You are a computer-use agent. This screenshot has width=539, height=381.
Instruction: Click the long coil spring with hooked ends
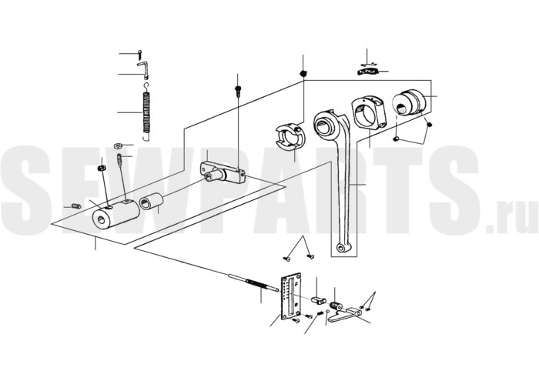click(146, 112)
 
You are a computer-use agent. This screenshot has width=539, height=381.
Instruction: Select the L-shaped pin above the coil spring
click(145, 68)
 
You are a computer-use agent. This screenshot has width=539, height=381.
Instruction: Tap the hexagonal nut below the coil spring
click(118, 145)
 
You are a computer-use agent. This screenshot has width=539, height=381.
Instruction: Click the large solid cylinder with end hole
click(115, 214)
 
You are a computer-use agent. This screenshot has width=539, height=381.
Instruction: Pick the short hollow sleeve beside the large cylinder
click(151, 201)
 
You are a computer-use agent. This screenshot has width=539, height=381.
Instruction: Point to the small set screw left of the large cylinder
click(76, 206)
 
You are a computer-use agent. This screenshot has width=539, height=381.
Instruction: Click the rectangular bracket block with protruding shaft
click(223, 172)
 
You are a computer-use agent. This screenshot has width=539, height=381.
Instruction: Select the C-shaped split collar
click(290, 136)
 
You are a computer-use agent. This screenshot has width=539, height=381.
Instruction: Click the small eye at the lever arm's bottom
click(341, 247)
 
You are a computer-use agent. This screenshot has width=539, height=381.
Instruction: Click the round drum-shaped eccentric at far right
click(409, 102)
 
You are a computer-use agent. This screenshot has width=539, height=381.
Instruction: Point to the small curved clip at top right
click(367, 72)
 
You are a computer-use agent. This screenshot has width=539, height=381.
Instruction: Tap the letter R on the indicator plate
click(296, 305)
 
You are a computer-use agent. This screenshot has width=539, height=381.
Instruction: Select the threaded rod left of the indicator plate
click(253, 283)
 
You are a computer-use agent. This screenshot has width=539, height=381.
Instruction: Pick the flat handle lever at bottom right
click(344, 316)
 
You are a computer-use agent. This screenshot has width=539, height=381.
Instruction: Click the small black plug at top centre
click(303, 73)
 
